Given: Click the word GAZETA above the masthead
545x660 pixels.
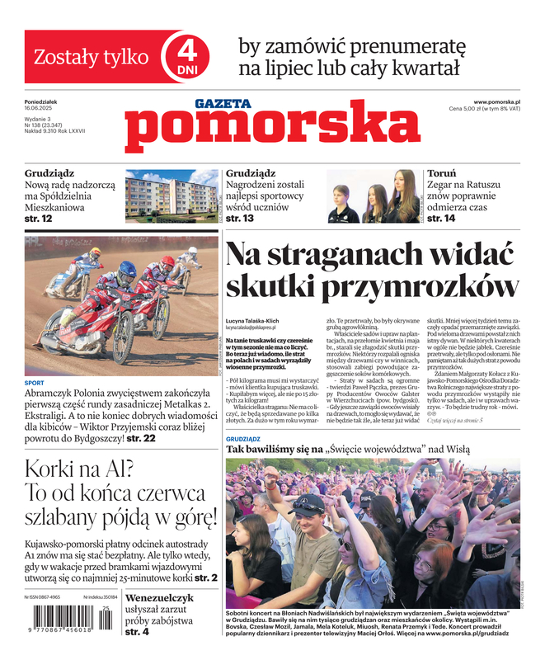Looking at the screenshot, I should click(223, 104).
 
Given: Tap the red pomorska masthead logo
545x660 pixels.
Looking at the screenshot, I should click(273, 130).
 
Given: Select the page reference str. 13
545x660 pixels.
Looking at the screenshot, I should click(239, 219).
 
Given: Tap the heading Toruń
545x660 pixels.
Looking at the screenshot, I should click(442, 174).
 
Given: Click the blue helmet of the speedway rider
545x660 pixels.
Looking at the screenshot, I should click(127, 269).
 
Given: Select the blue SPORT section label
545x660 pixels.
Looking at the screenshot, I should click(35, 384).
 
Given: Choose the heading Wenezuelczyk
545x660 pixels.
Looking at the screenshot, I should click(160, 597).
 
